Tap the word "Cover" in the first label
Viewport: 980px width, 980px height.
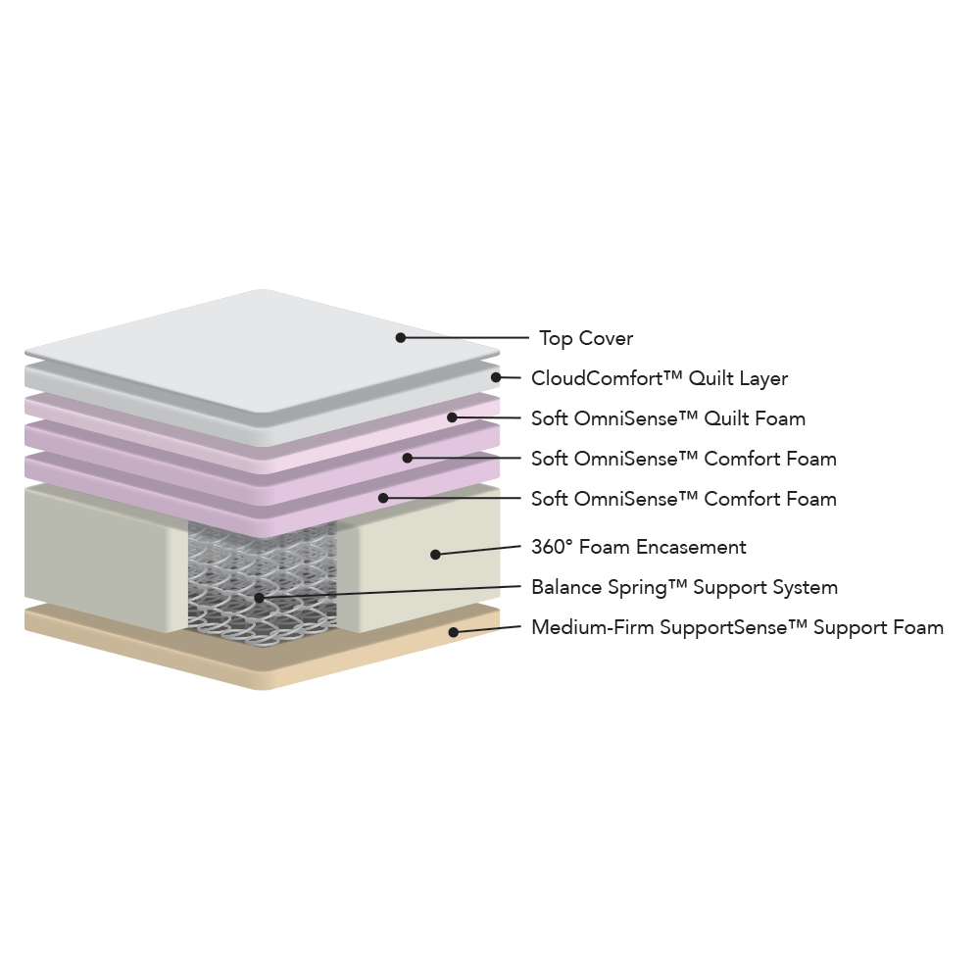click(x=606, y=338)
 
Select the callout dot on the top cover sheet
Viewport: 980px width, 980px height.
click(x=401, y=337)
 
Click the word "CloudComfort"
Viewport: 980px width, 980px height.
click(x=597, y=378)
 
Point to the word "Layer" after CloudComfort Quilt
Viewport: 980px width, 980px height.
click(x=763, y=378)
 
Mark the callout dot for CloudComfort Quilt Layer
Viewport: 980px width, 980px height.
click(x=496, y=377)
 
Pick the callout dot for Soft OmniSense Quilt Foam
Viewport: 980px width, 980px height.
click(x=452, y=416)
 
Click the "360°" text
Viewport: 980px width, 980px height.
click(x=551, y=547)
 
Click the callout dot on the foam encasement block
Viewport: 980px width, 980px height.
click(x=436, y=555)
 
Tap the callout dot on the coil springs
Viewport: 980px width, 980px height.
click(x=260, y=598)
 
